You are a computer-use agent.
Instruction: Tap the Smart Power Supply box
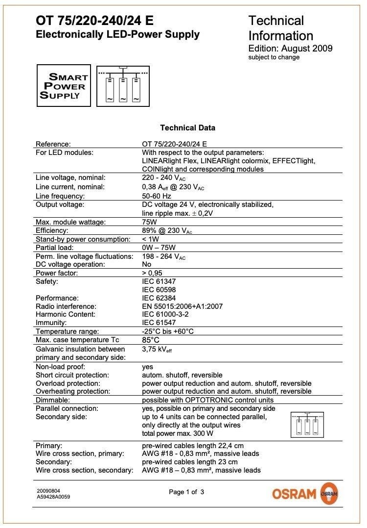click(x=64, y=85)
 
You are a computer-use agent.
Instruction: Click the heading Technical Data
click(x=187, y=128)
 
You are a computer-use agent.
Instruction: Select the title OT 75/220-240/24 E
click(x=94, y=21)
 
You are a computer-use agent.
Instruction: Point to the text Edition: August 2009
click(x=290, y=48)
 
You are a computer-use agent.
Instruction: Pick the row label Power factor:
click(x=57, y=273)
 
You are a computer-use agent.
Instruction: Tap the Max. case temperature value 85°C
click(x=151, y=340)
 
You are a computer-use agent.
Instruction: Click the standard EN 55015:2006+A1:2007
click(x=182, y=306)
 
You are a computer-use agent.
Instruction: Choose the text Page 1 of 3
click(x=186, y=492)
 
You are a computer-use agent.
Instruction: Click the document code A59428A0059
click(x=53, y=497)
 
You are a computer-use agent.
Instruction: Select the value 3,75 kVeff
click(x=157, y=349)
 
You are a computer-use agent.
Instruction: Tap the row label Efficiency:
click(x=52, y=230)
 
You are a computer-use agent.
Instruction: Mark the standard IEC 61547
click(x=159, y=323)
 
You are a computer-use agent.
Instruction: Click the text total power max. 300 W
click(x=178, y=433)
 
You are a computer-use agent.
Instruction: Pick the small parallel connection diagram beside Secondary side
click(x=307, y=424)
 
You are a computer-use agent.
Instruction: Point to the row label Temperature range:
click(x=67, y=331)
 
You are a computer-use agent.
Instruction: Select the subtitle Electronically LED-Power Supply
click(x=117, y=34)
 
